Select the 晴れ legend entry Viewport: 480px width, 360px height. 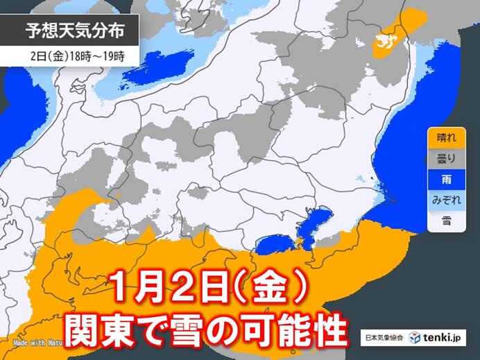(x=442, y=137)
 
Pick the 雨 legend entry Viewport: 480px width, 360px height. (x=442, y=179)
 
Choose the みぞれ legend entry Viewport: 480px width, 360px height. (x=442, y=200)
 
